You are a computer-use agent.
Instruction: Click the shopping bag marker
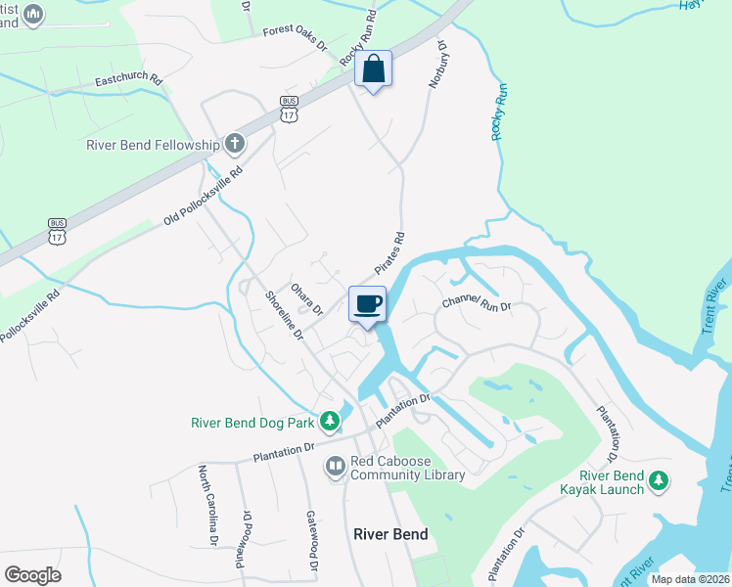373,70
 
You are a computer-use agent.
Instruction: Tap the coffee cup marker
367,304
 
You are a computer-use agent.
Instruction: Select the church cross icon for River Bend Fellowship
234,145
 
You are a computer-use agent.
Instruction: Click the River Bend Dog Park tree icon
331,423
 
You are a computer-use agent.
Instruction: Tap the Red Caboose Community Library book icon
335,467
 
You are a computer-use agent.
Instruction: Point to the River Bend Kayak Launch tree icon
660,480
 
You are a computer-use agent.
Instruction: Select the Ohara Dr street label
306,298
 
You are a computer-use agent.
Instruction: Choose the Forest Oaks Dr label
294,40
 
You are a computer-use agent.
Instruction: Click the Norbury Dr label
436,65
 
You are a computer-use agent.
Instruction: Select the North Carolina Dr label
208,504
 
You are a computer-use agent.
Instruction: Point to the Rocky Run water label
500,111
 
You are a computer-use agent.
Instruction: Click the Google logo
32,575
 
